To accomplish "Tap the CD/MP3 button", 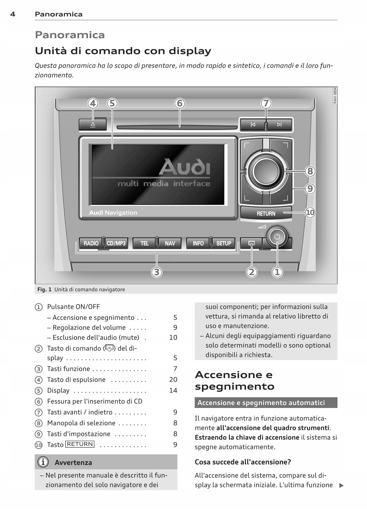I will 116,243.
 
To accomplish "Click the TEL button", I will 144,243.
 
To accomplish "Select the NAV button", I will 170,243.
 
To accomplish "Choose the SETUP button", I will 224,243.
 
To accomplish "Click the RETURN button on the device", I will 266,213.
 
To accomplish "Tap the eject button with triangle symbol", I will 93,125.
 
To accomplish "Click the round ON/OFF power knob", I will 277,237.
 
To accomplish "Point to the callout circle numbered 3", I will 157,272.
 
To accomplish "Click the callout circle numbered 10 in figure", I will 310,212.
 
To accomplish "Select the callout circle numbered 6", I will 179,103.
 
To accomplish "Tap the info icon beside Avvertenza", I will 43,462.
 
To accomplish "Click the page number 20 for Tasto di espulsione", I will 173,379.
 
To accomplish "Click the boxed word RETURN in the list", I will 80,444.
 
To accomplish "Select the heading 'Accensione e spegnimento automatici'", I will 261,403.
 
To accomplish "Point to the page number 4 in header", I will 13,14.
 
